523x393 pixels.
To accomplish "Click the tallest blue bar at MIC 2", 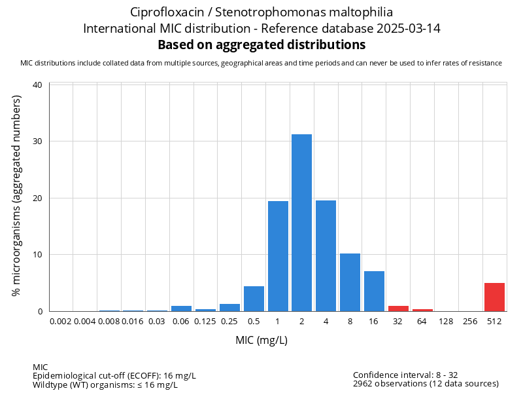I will tap(301, 223).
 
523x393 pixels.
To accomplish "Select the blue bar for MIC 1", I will tap(278, 256).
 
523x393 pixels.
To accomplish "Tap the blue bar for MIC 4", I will tap(326, 255).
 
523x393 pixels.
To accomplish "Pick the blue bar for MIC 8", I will tap(350, 282).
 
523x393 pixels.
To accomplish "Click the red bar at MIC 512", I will tap(494, 297).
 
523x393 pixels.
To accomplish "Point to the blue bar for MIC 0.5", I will tap(254, 299).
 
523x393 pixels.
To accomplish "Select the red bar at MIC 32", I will tap(398, 309).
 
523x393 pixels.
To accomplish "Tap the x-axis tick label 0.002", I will tap(61, 322).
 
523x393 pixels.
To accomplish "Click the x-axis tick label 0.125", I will tap(205, 322).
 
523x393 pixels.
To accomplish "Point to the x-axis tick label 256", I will tap(470, 322).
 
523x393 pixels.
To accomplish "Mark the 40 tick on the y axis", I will tap(37, 85).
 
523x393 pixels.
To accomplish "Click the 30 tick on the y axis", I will tap(37, 141).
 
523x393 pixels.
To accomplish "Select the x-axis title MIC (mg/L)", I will tap(261, 341).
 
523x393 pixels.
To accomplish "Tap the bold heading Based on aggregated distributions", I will tap(261, 45).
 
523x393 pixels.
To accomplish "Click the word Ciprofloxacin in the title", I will tap(168, 12).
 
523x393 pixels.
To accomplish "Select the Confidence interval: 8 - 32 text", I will tap(405, 375).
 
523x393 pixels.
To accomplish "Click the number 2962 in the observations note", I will tap(364, 384).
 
